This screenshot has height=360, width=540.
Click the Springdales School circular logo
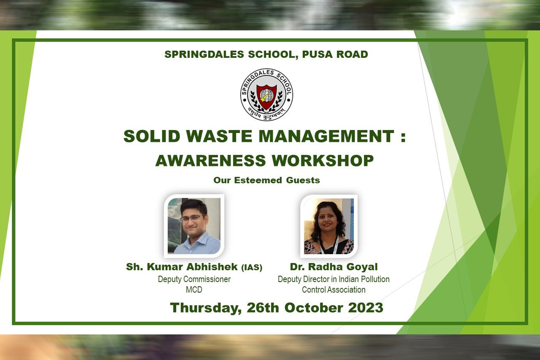tap(267, 94)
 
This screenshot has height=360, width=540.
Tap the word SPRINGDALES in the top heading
tap(204, 54)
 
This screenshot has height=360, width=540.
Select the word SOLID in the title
tap(152, 136)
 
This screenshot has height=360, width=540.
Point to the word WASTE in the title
tap(219, 136)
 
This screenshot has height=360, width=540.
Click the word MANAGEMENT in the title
tap(327, 136)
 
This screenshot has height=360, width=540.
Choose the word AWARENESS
tap(211, 161)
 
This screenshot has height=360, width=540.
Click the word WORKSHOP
tap(323, 161)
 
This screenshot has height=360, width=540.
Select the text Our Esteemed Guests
tap(267, 180)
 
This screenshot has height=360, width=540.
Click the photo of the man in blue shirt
tap(194, 226)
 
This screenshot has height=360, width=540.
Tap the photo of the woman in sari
tap(329, 226)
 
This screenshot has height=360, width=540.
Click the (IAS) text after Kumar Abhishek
tap(252, 267)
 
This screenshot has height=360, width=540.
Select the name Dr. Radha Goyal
tap(334, 267)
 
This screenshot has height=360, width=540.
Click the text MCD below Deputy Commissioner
tap(194, 290)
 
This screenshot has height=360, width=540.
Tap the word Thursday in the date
tap(206, 308)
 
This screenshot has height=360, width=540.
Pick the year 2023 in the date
tap(366, 307)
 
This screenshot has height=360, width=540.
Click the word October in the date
tap(314, 307)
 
